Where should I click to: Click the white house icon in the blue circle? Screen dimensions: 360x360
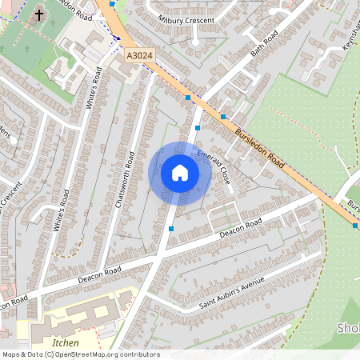click(179, 172)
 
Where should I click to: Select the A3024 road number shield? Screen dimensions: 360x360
click(139, 57)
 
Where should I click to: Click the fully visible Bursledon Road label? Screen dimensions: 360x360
click(259, 146)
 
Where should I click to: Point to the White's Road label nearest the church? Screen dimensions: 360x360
click(94, 89)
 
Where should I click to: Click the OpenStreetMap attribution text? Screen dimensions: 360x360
click(80, 354)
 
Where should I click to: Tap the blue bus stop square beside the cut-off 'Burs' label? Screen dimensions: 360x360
click(354, 226)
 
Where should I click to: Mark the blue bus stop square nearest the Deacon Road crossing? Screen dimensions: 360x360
click(171, 229)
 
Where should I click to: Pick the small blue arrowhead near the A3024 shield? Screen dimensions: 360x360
click(117, 37)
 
